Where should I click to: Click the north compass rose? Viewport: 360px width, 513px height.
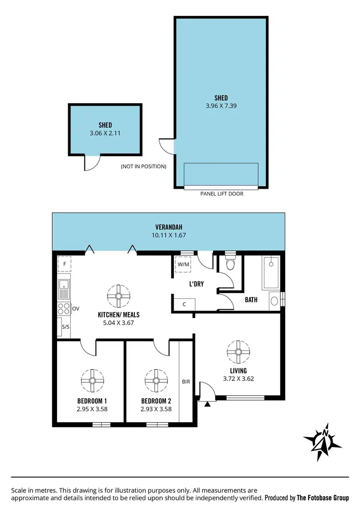[323, 441]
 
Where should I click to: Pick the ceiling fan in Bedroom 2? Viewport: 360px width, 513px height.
[156, 380]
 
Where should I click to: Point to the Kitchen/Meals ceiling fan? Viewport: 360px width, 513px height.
[119, 296]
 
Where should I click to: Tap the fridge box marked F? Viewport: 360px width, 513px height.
[64, 264]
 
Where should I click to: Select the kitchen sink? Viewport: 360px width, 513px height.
[64, 290]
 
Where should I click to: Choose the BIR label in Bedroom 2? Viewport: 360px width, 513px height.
[186, 382]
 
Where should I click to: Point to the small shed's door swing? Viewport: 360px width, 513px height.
[91, 163]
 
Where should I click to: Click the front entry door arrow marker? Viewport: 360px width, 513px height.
[207, 404]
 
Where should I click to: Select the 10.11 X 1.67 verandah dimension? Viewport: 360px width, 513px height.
[168, 235]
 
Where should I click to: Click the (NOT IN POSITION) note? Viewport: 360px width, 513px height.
[144, 167]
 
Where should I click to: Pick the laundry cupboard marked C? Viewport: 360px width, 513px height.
[184, 304]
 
